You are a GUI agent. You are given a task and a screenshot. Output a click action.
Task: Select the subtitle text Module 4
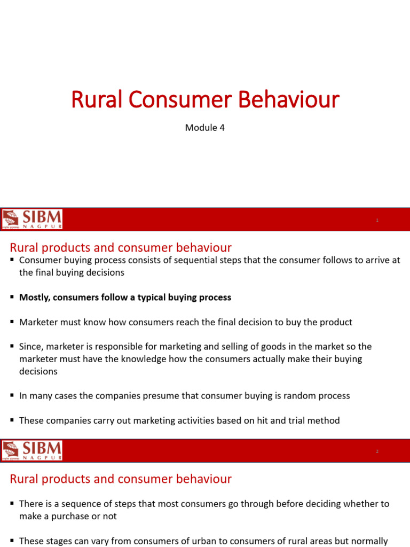(x=204, y=128)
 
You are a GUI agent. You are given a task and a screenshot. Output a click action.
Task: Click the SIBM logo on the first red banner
(x=32, y=219)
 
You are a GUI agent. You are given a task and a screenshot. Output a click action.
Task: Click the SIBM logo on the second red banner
(x=32, y=450)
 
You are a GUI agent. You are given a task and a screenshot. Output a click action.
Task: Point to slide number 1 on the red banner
(x=377, y=220)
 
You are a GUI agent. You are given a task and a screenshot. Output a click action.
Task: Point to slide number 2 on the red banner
(x=377, y=451)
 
